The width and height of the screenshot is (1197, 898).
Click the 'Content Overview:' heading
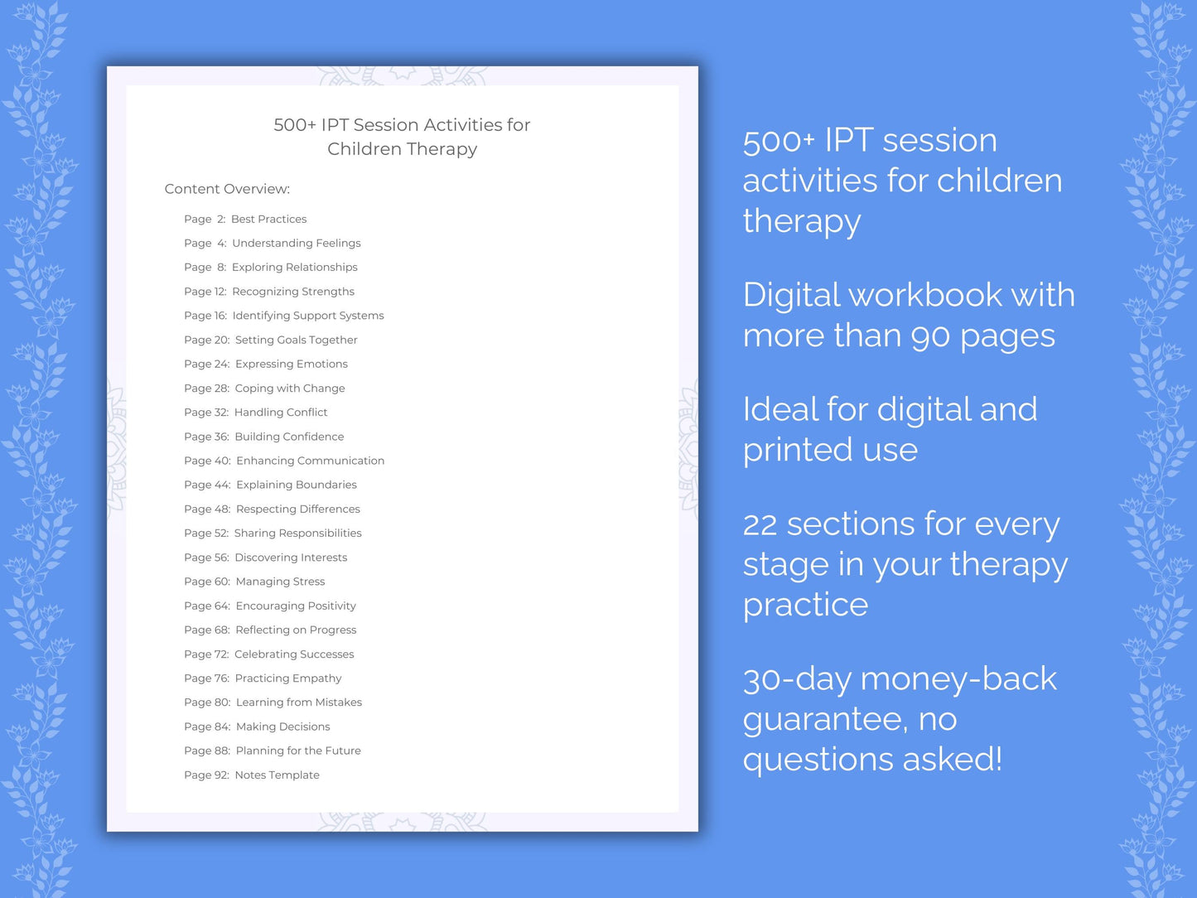click(x=227, y=189)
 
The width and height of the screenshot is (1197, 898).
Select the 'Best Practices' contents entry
click(x=268, y=220)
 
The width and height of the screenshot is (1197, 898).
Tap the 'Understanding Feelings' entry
click(x=296, y=244)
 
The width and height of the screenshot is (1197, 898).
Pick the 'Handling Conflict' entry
click(x=281, y=413)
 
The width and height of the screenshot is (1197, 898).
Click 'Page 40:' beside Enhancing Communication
click(x=207, y=461)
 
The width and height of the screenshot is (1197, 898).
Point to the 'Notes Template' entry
click(x=277, y=775)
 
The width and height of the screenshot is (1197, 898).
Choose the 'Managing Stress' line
click(x=280, y=582)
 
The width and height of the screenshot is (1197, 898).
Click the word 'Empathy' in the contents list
click(x=316, y=678)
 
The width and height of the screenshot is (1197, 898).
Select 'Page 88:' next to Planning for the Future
click(x=207, y=751)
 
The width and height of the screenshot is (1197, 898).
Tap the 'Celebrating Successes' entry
click(x=294, y=654)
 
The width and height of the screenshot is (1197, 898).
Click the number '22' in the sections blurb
click(x=760, y=525)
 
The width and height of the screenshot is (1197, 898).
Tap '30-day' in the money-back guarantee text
click(x=797, y=679)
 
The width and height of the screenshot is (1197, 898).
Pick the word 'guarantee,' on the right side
click(x=824, y=720)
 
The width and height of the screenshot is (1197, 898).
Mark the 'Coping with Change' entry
click(x=289, y=389)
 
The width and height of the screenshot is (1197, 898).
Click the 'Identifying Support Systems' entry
click(x=307, y=316)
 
